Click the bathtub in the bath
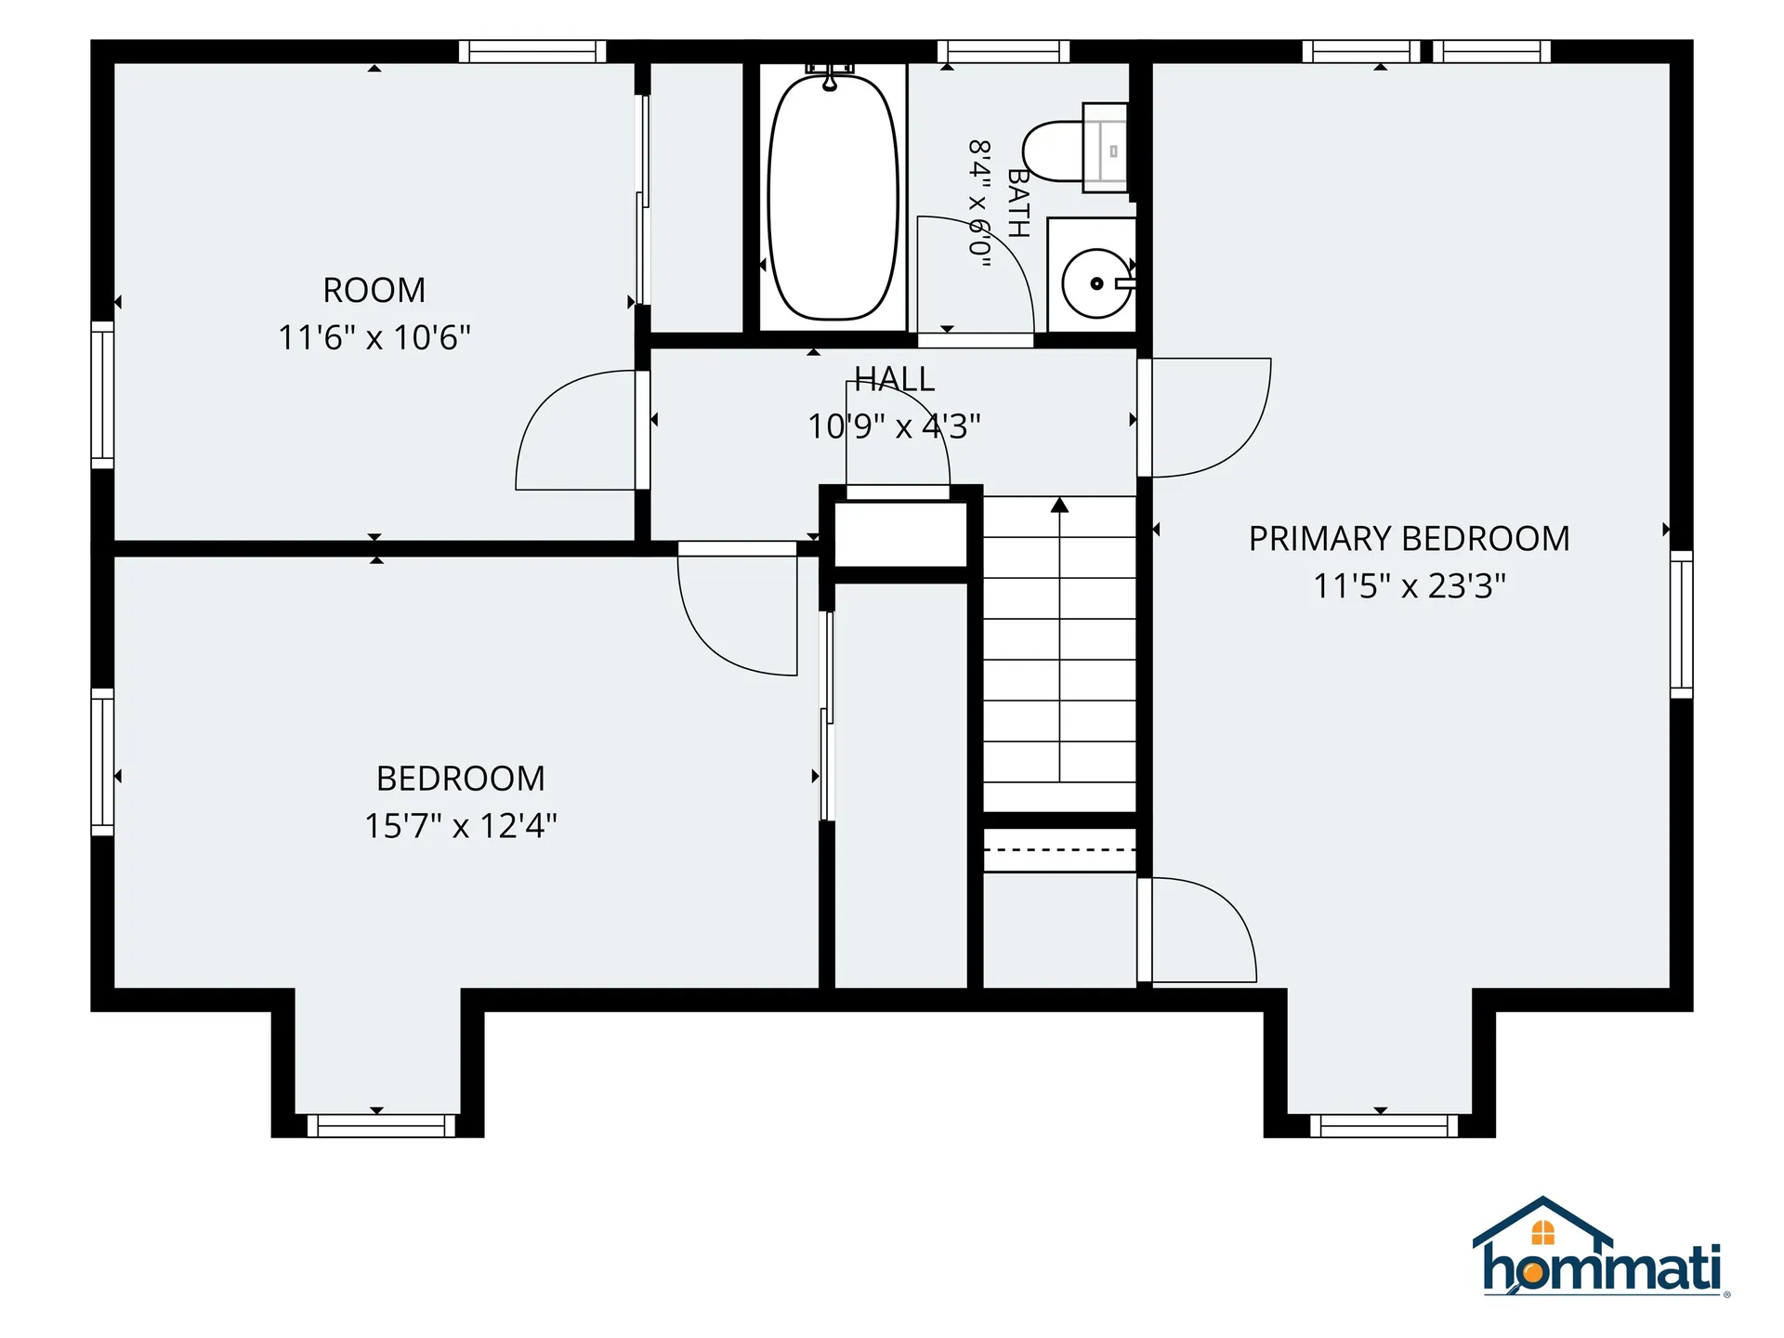[833, 197]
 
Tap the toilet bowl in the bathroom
[1053, 151]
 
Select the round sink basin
[1096, 283]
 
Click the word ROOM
[374, 291]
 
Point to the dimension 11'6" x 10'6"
[374, 337]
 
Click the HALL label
[895, 379]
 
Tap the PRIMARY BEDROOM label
[1409, 539]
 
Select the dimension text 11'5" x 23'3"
[1409, 586]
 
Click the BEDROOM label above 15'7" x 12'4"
[461, 779]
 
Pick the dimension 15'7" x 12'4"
[461, 826]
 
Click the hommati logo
[1600, 1247]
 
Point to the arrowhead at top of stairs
[1059, 505]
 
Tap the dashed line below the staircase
[1059, 850]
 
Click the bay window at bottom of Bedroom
[381, 1125]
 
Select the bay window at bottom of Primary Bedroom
[1384, 1125]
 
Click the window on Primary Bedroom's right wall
[1681, 624]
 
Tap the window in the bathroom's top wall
[1003, 51]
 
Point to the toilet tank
[1106, 147]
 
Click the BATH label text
[1019, 203]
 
